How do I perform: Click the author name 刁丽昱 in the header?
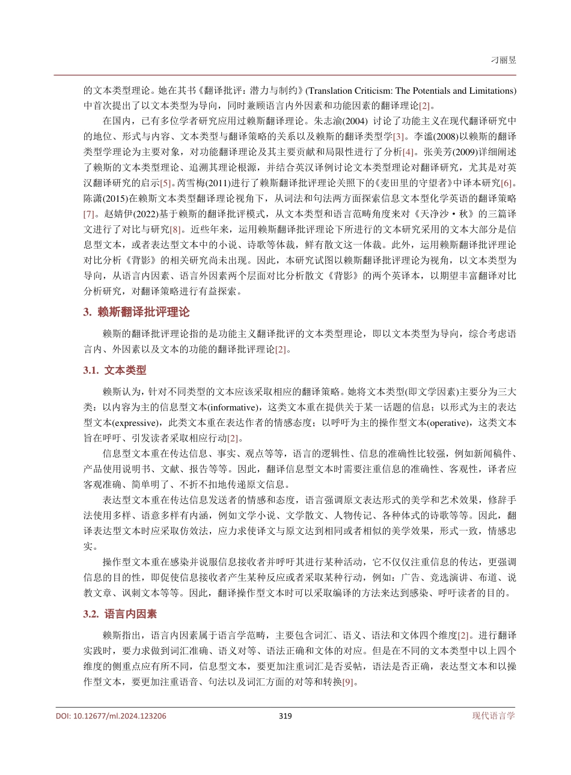(504, 60)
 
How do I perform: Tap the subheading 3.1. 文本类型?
(114, 371)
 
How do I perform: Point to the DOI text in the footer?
(111, 716)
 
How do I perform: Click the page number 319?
(285, 716)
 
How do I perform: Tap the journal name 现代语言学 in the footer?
(493, 716)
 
